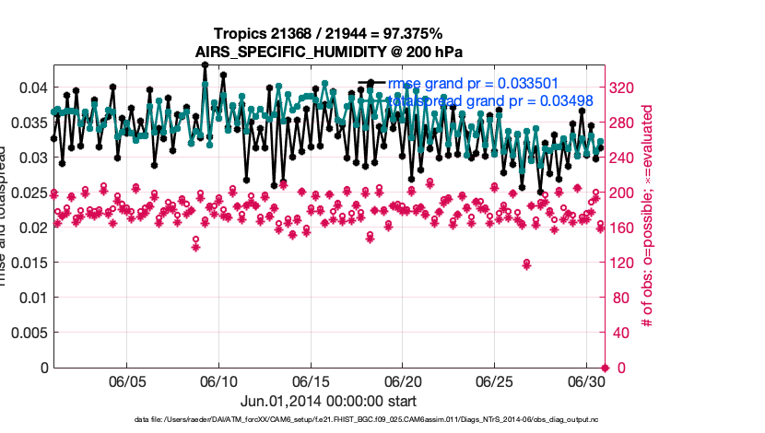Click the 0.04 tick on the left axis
coord(34,88)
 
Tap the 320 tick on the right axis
coord(621,88)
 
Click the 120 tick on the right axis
coord(621,263)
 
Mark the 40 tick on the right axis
coord(618,333)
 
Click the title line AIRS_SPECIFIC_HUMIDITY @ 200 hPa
coord(329,52)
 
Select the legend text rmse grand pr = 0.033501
coord(473,83)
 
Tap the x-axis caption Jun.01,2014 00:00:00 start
coord(328,401)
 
